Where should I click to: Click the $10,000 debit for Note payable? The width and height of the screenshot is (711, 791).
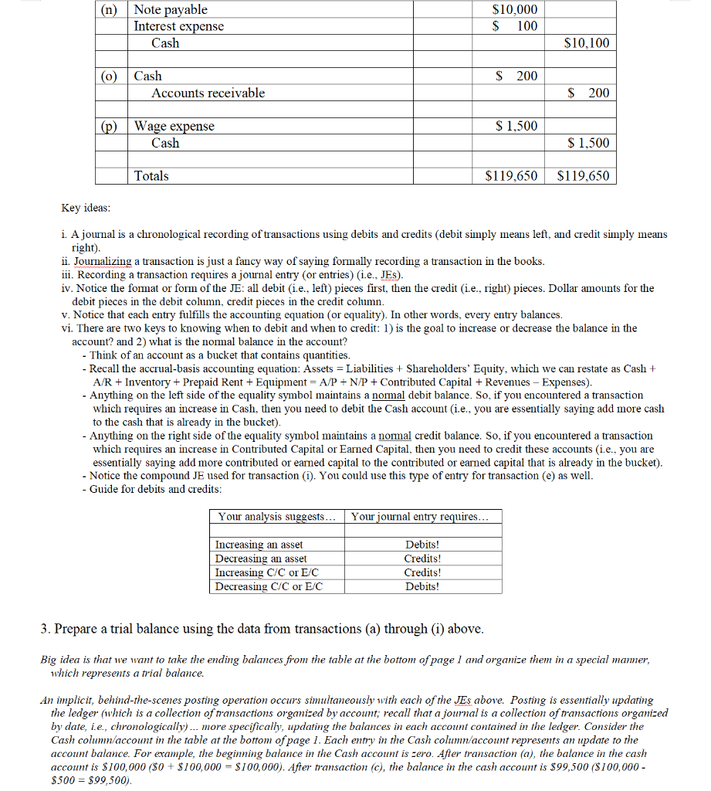click(515, 9)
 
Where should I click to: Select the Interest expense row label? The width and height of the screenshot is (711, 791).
click(178, 26)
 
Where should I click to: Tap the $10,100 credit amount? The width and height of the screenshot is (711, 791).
click(587, 43)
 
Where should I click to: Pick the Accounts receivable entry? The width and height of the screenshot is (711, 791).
click(208, 93)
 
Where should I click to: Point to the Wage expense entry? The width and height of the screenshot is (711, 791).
click(174, 126)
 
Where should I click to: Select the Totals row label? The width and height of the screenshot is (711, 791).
click(151, 176)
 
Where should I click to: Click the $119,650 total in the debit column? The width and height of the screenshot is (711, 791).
click(511, 176)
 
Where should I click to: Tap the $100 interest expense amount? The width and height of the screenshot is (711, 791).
click(516, 26)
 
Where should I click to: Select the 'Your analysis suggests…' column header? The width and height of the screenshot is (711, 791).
click(277, 516)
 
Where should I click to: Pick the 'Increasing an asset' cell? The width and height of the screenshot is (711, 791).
click(259, 545)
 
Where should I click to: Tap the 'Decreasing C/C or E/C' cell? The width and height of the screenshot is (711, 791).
click(268, 586)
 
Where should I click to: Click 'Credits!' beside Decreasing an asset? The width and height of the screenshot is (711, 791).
click(422, 558)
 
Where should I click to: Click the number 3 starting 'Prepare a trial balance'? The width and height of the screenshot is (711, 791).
click(44, 629)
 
